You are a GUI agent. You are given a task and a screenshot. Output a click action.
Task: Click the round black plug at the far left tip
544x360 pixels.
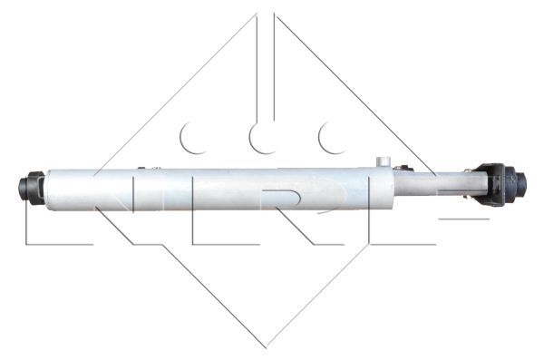point(22,188)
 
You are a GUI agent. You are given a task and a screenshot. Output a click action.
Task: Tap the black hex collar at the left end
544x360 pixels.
point(34,188)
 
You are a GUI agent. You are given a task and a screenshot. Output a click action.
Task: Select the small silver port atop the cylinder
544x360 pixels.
point(383,162)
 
